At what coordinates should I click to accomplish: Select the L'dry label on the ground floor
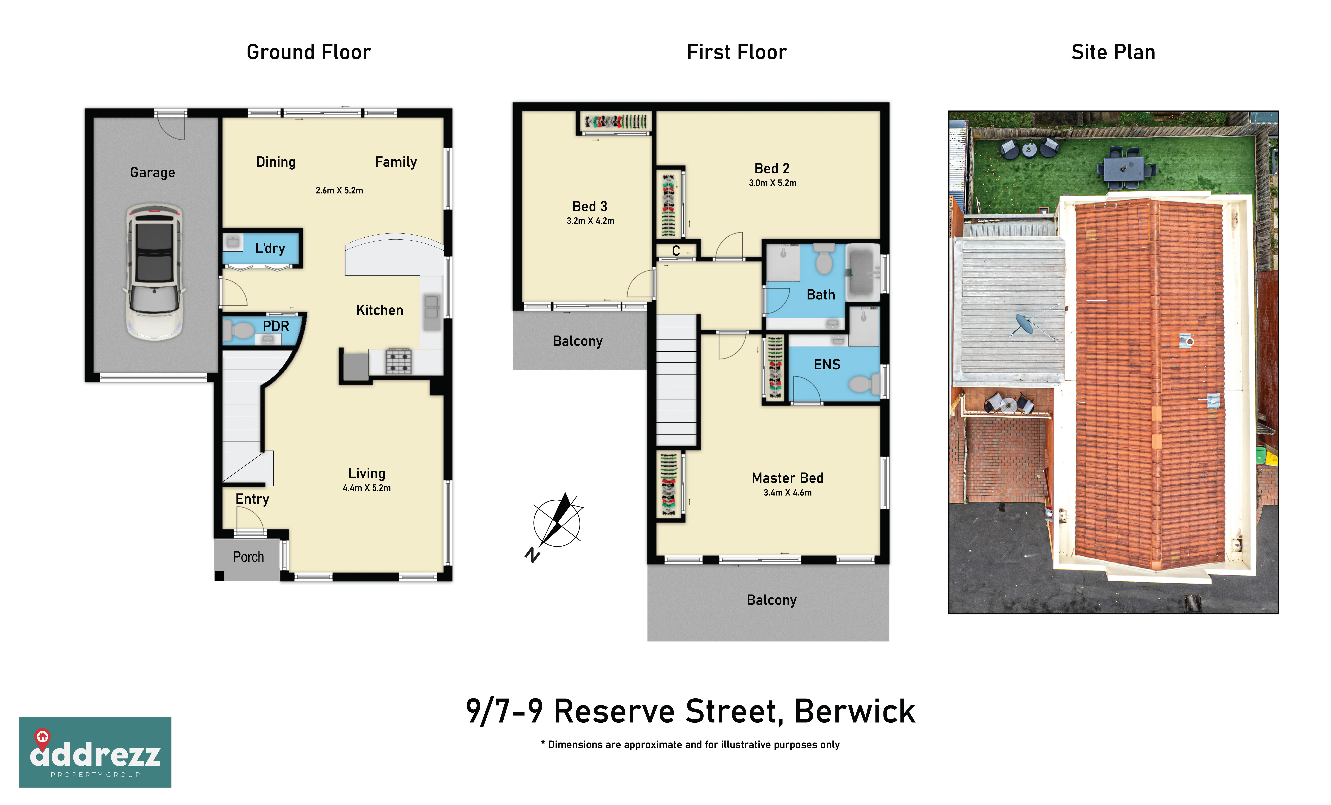click(x=270, y=248)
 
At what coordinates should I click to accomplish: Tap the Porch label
click(x=248, y=557)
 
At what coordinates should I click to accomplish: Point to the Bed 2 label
click(x=772, y=169)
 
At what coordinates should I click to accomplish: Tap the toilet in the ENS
click(x=863, y=384)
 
